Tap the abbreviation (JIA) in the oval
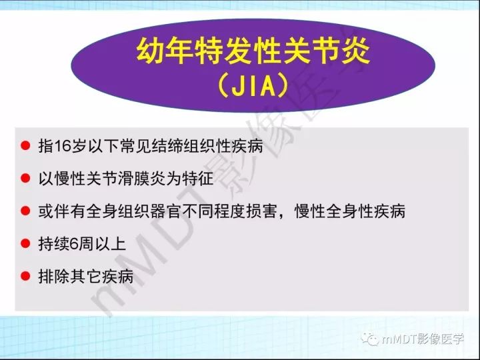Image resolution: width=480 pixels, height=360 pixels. [x=253, y=85]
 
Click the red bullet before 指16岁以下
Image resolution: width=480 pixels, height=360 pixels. [x=25, y=145]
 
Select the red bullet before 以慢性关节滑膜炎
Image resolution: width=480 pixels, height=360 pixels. [x=25, y=178]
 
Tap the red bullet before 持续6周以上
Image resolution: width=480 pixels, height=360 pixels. [x=25, y=243]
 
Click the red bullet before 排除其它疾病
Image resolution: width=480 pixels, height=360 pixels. [x=25, y=275]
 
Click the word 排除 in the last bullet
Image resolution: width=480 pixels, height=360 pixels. [x=54, y=276]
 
